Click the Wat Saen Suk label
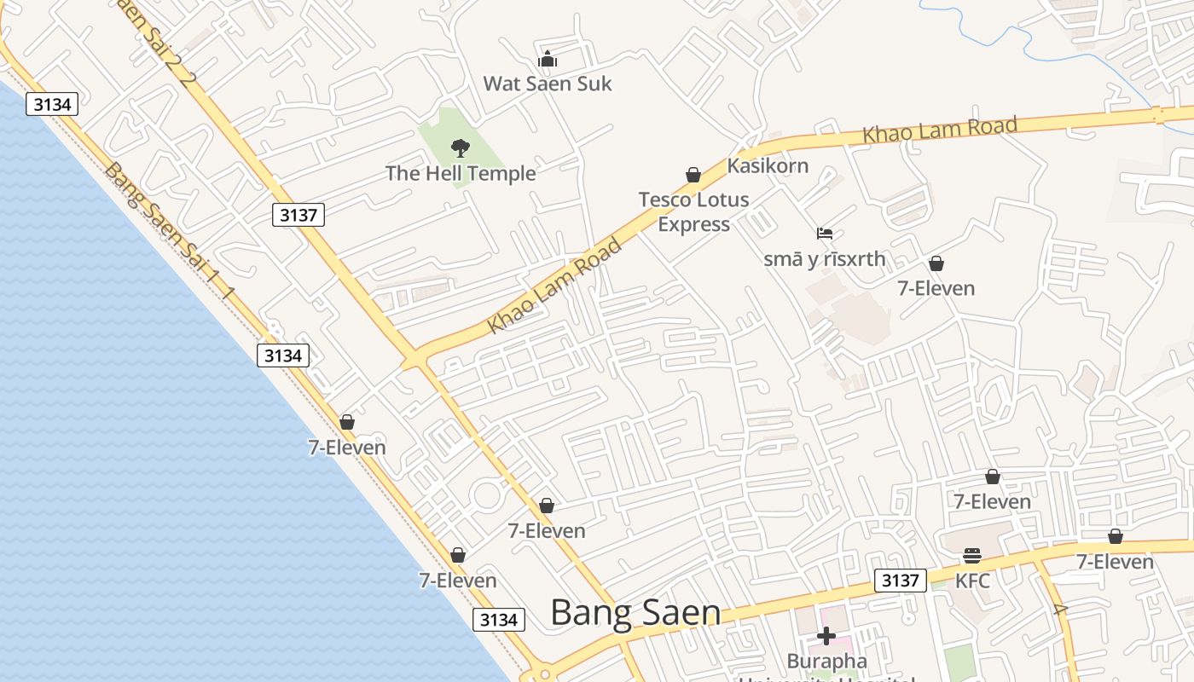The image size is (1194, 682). click(548, 84)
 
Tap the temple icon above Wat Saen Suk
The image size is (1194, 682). click(548, 60)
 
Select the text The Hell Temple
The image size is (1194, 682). click(461, 173)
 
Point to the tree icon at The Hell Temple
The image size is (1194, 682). click(461, 148)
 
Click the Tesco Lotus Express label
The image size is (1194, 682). click(693, 211)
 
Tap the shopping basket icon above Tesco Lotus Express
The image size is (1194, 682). click(693, 176)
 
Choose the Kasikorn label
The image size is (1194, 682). click(768, 165)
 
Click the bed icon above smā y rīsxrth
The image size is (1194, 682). click(824, 234)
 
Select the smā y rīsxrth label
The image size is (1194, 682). click(824, 259)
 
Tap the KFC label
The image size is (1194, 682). click(972, 581)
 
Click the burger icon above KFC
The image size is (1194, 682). click(972, 556)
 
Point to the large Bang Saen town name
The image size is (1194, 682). click(635, 612)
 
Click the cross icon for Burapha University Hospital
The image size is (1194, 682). click(826, 636)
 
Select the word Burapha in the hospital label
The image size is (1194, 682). click(814, 661)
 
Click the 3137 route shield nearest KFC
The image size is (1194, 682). click(900, 581)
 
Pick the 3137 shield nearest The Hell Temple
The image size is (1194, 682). click(298, 215)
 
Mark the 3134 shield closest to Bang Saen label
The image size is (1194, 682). click(499, 620)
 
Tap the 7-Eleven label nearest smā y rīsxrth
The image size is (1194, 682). click(936, 288)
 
